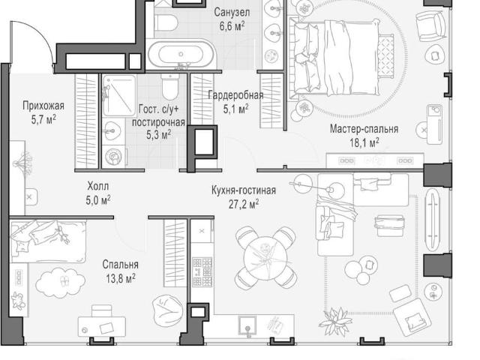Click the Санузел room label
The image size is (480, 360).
point(232,13)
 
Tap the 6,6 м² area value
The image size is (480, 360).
point(232,26)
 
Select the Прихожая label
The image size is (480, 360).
point(43,106)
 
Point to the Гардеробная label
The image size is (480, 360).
point(235,95)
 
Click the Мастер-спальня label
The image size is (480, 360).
point(364,129)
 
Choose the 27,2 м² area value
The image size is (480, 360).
point(244,204)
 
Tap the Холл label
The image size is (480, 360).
point(98,186)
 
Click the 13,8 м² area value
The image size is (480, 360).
point(121,278)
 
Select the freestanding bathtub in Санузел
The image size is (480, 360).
point(181,55)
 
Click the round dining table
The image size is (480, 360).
point(265,257)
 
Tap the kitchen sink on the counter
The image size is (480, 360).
point(248,326)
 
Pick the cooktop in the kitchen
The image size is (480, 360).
point(202,271)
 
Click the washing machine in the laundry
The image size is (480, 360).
point(113,157)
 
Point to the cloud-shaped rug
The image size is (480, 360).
point(60,282)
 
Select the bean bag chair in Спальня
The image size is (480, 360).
point(168,310)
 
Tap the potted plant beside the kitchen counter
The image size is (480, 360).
point(336,322)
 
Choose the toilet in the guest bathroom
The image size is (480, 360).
point(169,86)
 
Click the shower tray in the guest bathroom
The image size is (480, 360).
point(119,95)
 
